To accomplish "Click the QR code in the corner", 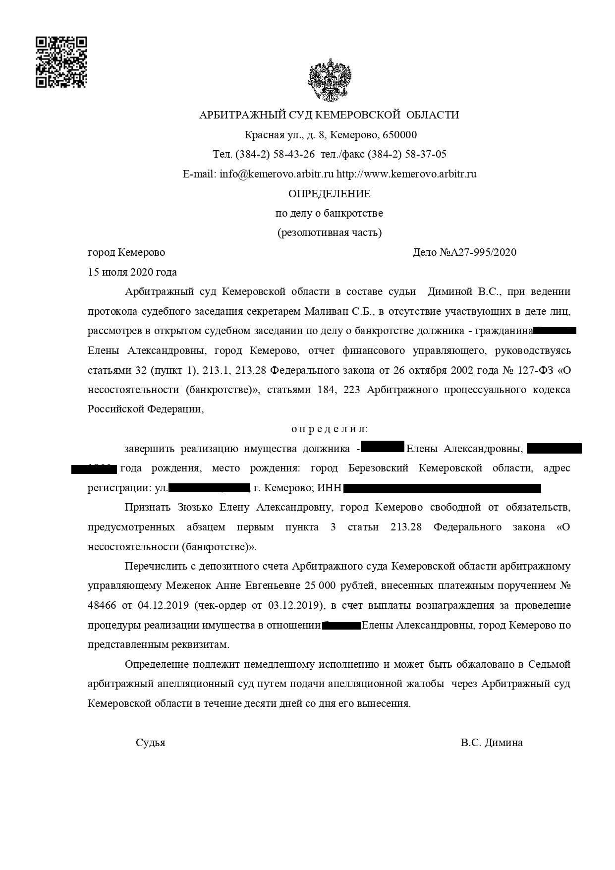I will pyautogui.click(x=61, y=62).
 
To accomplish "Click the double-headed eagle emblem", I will pyautogui.click(x=330, y=80).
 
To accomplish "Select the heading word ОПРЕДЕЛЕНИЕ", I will pyautogui.click(x=329, y=193).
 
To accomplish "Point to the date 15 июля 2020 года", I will pyautogui.click(x=132, y=272).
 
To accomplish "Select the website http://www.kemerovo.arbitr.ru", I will pyautogui.click(x=406, y=174).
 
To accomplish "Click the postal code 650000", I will pyautogui.click(x=400, y=135).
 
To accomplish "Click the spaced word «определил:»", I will pyautogui.click(x=329, y=429).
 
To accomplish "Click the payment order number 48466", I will pyautogui.click(x=102, y=605).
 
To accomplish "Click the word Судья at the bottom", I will pyautogui.click(x=150, y=743).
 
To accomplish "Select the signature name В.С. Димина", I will pyautogui.click(x=491, y=743).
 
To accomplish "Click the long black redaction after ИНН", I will pyautogui.click(x=442, y=488).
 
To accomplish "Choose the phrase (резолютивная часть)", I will pyautogui.click(x=329, y=232).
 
